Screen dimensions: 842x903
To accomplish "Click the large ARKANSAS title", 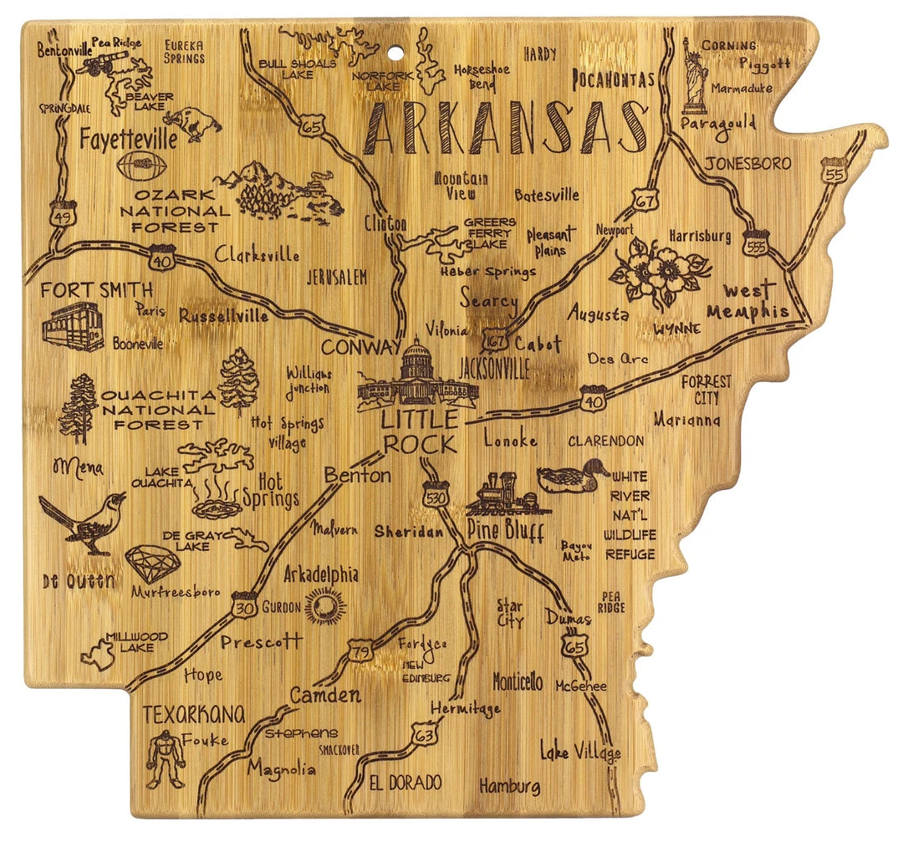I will tap(506, 130).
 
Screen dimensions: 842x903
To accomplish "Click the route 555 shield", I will tap(757, 242).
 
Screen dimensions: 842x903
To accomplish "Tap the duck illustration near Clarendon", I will tap(572, 477).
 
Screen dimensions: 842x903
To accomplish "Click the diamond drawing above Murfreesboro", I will tap(152, 564).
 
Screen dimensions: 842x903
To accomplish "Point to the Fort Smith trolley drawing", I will tap(74, 327).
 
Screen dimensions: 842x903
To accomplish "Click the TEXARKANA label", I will tap(194, 714).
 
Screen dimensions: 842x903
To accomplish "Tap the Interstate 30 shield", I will tap(245, 606).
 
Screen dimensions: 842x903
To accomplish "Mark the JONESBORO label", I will tap(747, 164).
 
